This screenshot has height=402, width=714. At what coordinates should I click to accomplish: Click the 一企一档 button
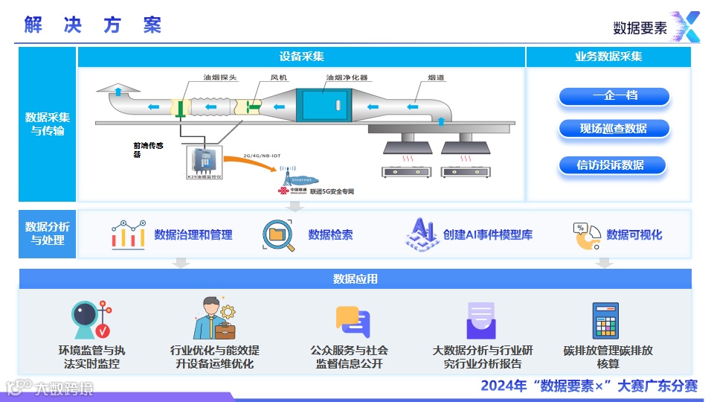614,96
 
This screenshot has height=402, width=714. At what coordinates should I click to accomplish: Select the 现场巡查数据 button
614,129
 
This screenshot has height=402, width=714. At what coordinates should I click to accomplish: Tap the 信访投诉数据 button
611,165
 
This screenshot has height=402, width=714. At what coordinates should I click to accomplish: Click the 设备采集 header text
301,57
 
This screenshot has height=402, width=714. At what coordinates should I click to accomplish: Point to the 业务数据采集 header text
608,57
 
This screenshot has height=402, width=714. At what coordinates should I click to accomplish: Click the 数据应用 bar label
355,279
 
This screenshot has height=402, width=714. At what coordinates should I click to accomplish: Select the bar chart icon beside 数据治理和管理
128,234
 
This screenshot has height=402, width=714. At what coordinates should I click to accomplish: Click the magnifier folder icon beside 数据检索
277,234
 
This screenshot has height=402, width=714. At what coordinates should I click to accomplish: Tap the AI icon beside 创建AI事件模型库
421,234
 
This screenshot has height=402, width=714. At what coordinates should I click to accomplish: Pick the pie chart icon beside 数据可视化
586,235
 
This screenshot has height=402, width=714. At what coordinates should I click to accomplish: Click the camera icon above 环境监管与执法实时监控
92,321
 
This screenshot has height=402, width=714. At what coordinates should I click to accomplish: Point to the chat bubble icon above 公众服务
353,322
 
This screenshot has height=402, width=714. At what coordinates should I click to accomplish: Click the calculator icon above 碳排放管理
606,321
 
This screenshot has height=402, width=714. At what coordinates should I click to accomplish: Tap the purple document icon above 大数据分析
481,321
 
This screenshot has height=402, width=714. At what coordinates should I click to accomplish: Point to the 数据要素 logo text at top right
640,28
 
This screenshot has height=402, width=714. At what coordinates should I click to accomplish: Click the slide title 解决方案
92,25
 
